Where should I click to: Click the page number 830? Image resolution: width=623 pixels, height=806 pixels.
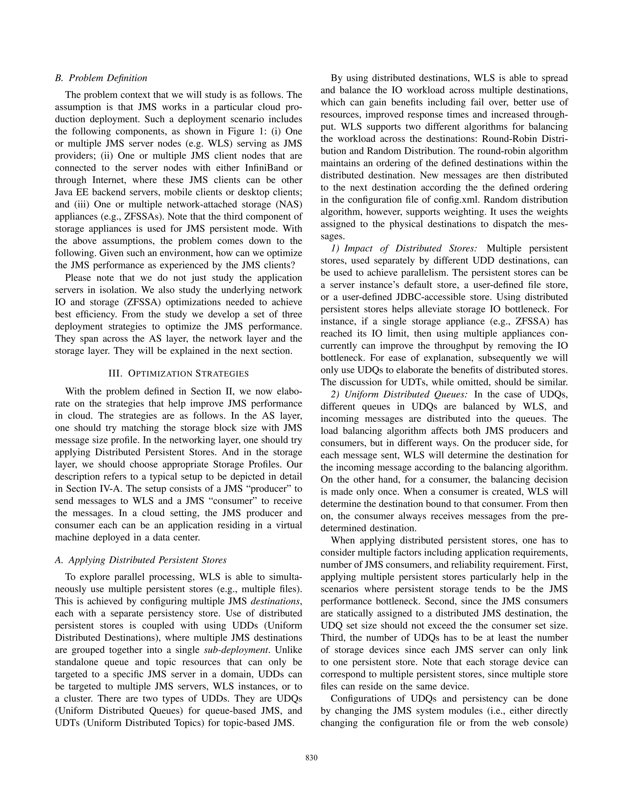tap(311, 758)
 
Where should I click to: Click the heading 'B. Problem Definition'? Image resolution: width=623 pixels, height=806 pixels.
tap(101, 78)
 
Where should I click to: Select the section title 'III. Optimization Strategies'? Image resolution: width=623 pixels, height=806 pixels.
tap(178, 373)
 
